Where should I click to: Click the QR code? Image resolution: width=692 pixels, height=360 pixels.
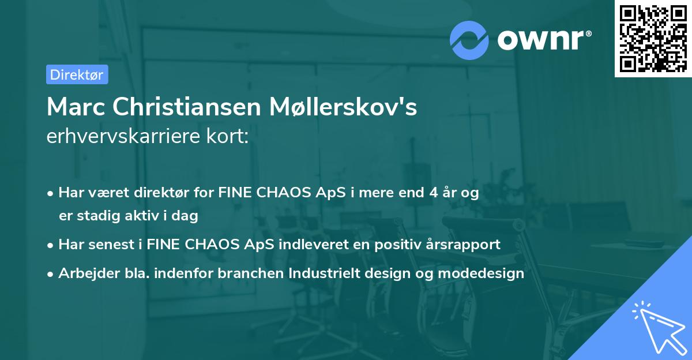653,39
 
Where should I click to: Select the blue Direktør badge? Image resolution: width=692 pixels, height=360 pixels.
77,74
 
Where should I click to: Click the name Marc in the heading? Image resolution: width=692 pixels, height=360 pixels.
76,107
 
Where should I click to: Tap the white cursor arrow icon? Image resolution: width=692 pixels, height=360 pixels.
657,326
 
